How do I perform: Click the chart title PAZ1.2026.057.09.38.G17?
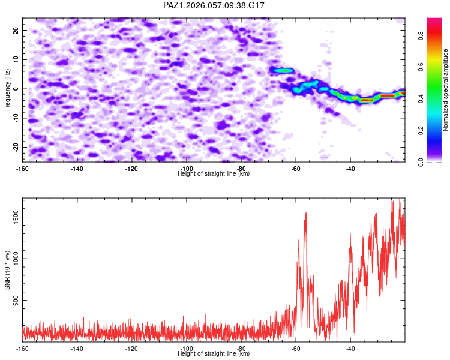coord(214,5)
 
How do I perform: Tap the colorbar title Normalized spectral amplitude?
coord(446,90)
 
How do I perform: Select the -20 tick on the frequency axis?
coord(16,147)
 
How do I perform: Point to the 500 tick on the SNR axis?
coord(16,301)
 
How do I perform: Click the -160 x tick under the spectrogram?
coord(23,169)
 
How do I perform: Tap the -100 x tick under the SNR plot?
coord(187,349)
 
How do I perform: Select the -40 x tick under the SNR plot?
coord(350,349)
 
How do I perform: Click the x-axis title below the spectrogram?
coord(214,174)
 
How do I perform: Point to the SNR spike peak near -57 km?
coord(306,212)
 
